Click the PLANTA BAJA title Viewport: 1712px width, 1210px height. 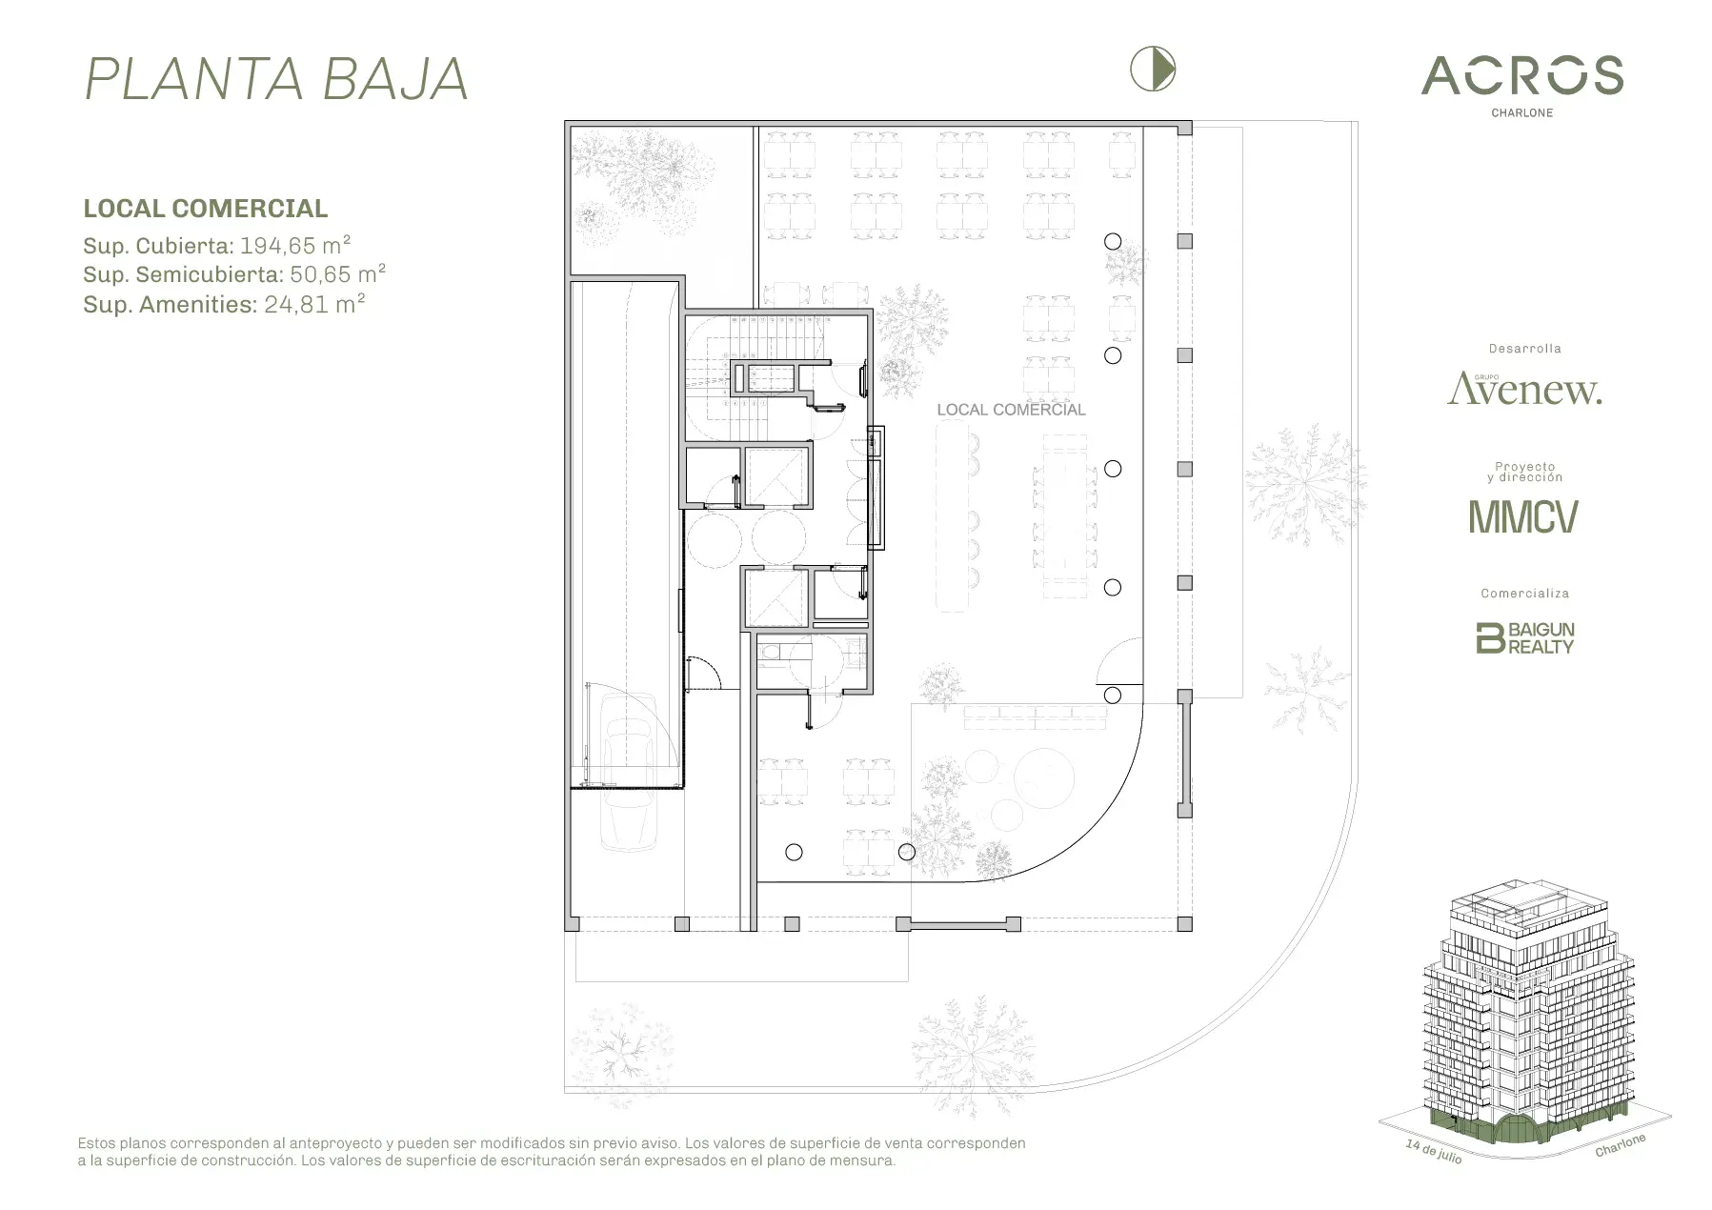pyautogui.click(x=276, y=78)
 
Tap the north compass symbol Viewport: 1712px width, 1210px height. pyautogui.click(x=1153, y=70)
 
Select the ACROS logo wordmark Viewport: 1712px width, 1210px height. pyautogui.click(x=1522, y=75)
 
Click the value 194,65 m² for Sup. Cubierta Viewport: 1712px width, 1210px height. pyautogui.click(x=295, y=245)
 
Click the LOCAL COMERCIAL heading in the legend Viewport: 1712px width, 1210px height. pyautogui.click(x=206, y=209)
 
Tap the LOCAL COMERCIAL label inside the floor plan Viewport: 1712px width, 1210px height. pyautogui.click(x=1011, y=410)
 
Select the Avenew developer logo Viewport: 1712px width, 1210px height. pyautogui.click(x=1524, y=389)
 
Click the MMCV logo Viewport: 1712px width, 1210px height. pyautogui.click(x=1523, y=516)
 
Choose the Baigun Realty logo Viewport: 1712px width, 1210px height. pyautogui.click(x=1524, y=637)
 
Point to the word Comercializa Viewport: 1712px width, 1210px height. pyautogui.click(x=1524, y=593)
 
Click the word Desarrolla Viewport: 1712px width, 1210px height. pyautogui.click(x=1524, y=349)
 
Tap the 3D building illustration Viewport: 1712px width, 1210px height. pyautogui.click(x=1523, y=1019)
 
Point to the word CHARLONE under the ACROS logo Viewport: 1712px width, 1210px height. pyautogui.click(x=1521, y=112)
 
